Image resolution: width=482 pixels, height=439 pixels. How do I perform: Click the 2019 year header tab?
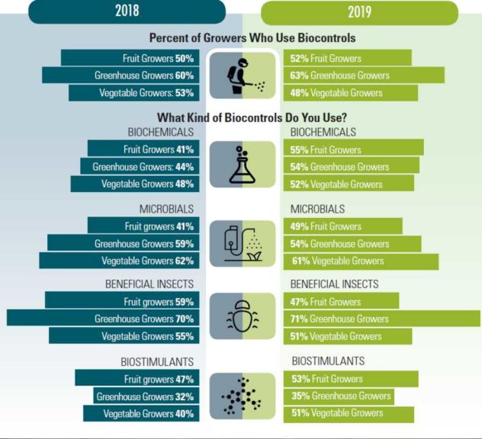pyautogui.click(x=359, y=12)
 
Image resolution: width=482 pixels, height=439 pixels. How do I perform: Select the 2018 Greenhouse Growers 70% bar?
pyautogui.click(x=106, y=319)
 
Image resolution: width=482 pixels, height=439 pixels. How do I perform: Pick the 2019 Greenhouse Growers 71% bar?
pyautogui.click(x=381, y=319)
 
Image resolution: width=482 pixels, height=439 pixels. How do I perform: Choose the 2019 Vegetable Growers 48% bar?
pyautogui.click(x=351, y=92)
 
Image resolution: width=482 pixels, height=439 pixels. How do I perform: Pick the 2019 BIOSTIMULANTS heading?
pyautogui.click(x=328, y=361)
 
